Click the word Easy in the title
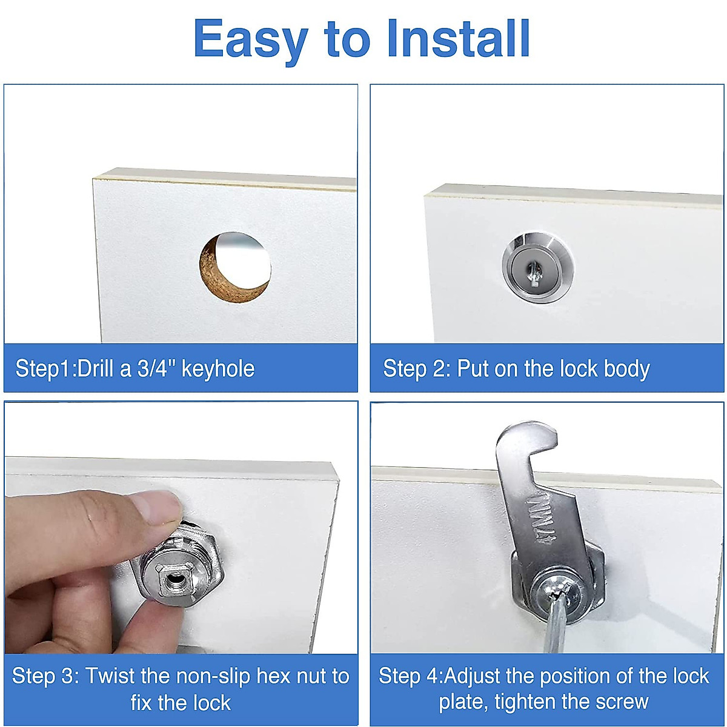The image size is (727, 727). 250,39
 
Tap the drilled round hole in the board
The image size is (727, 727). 236,267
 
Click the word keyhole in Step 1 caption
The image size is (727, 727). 218,368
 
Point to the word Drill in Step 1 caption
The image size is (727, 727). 97,368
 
